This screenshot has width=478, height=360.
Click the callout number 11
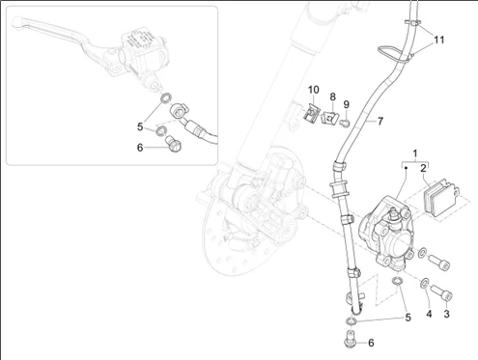(439, 41)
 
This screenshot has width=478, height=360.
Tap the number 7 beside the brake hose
(380, 122)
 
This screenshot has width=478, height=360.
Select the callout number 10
(313, 90)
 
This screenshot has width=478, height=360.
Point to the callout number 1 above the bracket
(415, 153)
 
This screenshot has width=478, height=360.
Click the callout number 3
(446, 314)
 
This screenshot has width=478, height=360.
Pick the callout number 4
(429, 314)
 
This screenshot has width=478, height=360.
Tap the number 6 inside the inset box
(140, 148)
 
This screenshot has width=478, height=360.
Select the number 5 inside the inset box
(140, 126)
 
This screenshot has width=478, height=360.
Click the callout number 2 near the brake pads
(423, 168)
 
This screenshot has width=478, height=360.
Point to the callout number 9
(346, 104)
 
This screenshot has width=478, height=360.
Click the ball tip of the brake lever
(16, 23)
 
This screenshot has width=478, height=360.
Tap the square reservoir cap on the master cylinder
(139, 41)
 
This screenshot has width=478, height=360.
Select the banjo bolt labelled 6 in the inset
(173, 144)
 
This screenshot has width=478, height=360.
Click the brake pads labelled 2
(441, 198)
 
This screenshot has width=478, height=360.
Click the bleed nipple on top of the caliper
(393, 213)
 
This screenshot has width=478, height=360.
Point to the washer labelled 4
(424, 282)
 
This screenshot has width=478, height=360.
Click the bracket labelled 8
(328, 117)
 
